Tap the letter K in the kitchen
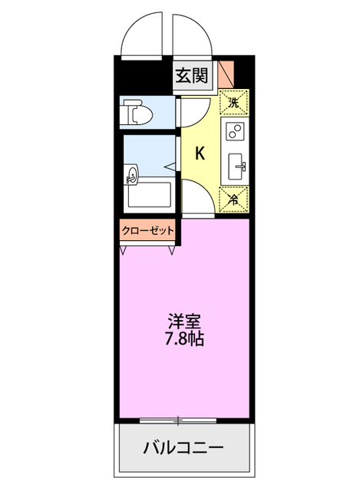[200, 153]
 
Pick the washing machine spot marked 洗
[233, 101]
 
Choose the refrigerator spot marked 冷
[234, 198]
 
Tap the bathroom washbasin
[130, 174]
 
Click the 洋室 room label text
[184, 321]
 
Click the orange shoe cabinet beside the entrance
[226, 74]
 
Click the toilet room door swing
[191, 111]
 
